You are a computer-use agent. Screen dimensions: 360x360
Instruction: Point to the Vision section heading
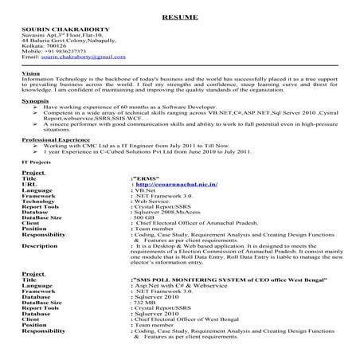tap(32, 72)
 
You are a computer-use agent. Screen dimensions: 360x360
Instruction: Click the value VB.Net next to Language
tap(145, 190)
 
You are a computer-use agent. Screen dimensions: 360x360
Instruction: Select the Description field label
tap(40, 247)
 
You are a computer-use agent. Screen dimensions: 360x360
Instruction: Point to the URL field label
tap(29, 183)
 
